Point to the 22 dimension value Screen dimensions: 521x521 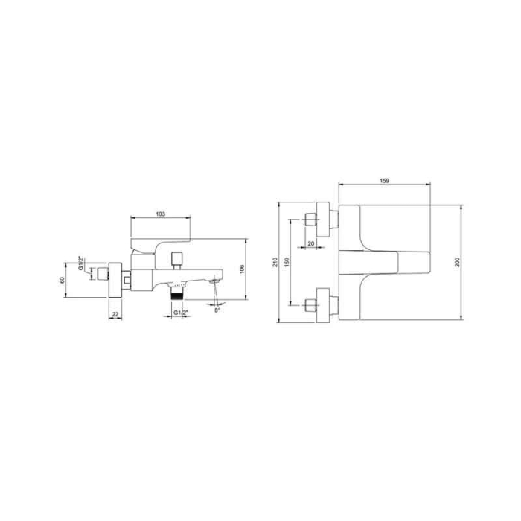[x=115, y=315]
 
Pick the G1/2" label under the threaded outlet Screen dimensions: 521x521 [x=180, y=313]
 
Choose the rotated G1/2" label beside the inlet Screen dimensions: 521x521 [x=80, y=263]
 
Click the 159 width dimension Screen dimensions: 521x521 [x=385, y=181]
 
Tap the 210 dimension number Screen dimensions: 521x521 [x=276, y=262]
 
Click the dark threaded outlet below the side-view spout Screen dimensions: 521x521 [x=178, y=294]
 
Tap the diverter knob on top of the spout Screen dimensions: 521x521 [x=178, y=259]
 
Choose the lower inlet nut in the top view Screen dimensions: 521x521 [x=311, y=304]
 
